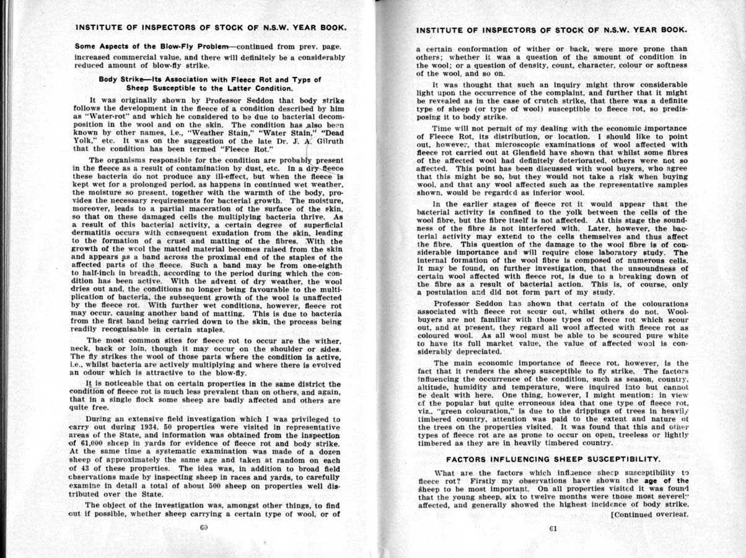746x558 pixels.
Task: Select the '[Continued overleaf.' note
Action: coord(649,514)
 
